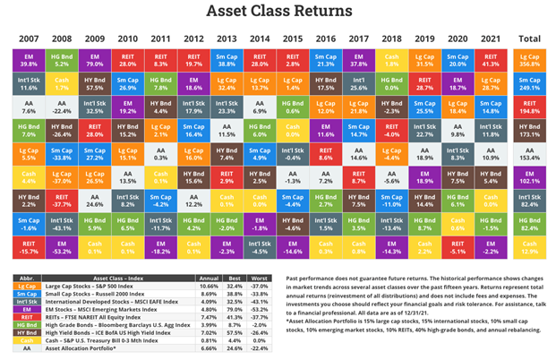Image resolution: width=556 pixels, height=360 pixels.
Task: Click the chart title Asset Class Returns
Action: pos(278,12)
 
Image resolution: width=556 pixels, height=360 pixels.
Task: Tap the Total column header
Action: pos(530,39)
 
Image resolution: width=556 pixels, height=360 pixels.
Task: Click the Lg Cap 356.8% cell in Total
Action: pos(530,59)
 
